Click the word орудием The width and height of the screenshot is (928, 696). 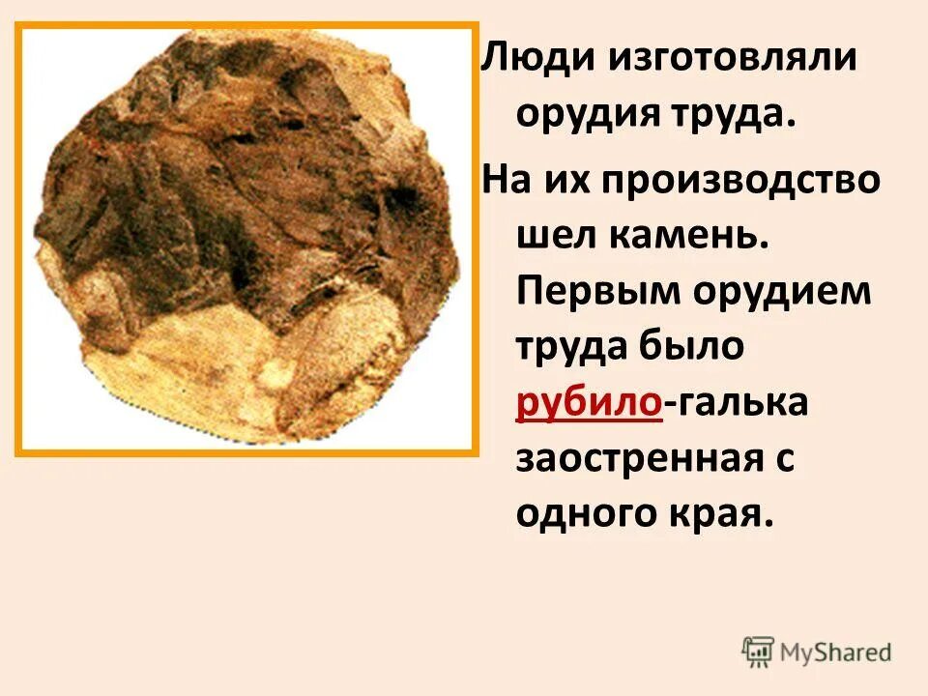pyautogui.click(x=790, y=292)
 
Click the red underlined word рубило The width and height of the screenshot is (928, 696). pyautogui.click(x=589, y=404)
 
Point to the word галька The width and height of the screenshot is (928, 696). pyautogui.click(x=741, y=404)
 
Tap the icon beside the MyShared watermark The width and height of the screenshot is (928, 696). pyautogui.click(x=759, y=652)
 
